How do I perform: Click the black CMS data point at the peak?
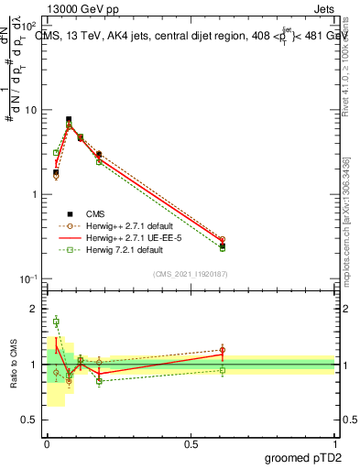point(69,119)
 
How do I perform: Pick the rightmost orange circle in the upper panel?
point(222,239)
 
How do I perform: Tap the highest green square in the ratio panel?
point(56,322)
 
